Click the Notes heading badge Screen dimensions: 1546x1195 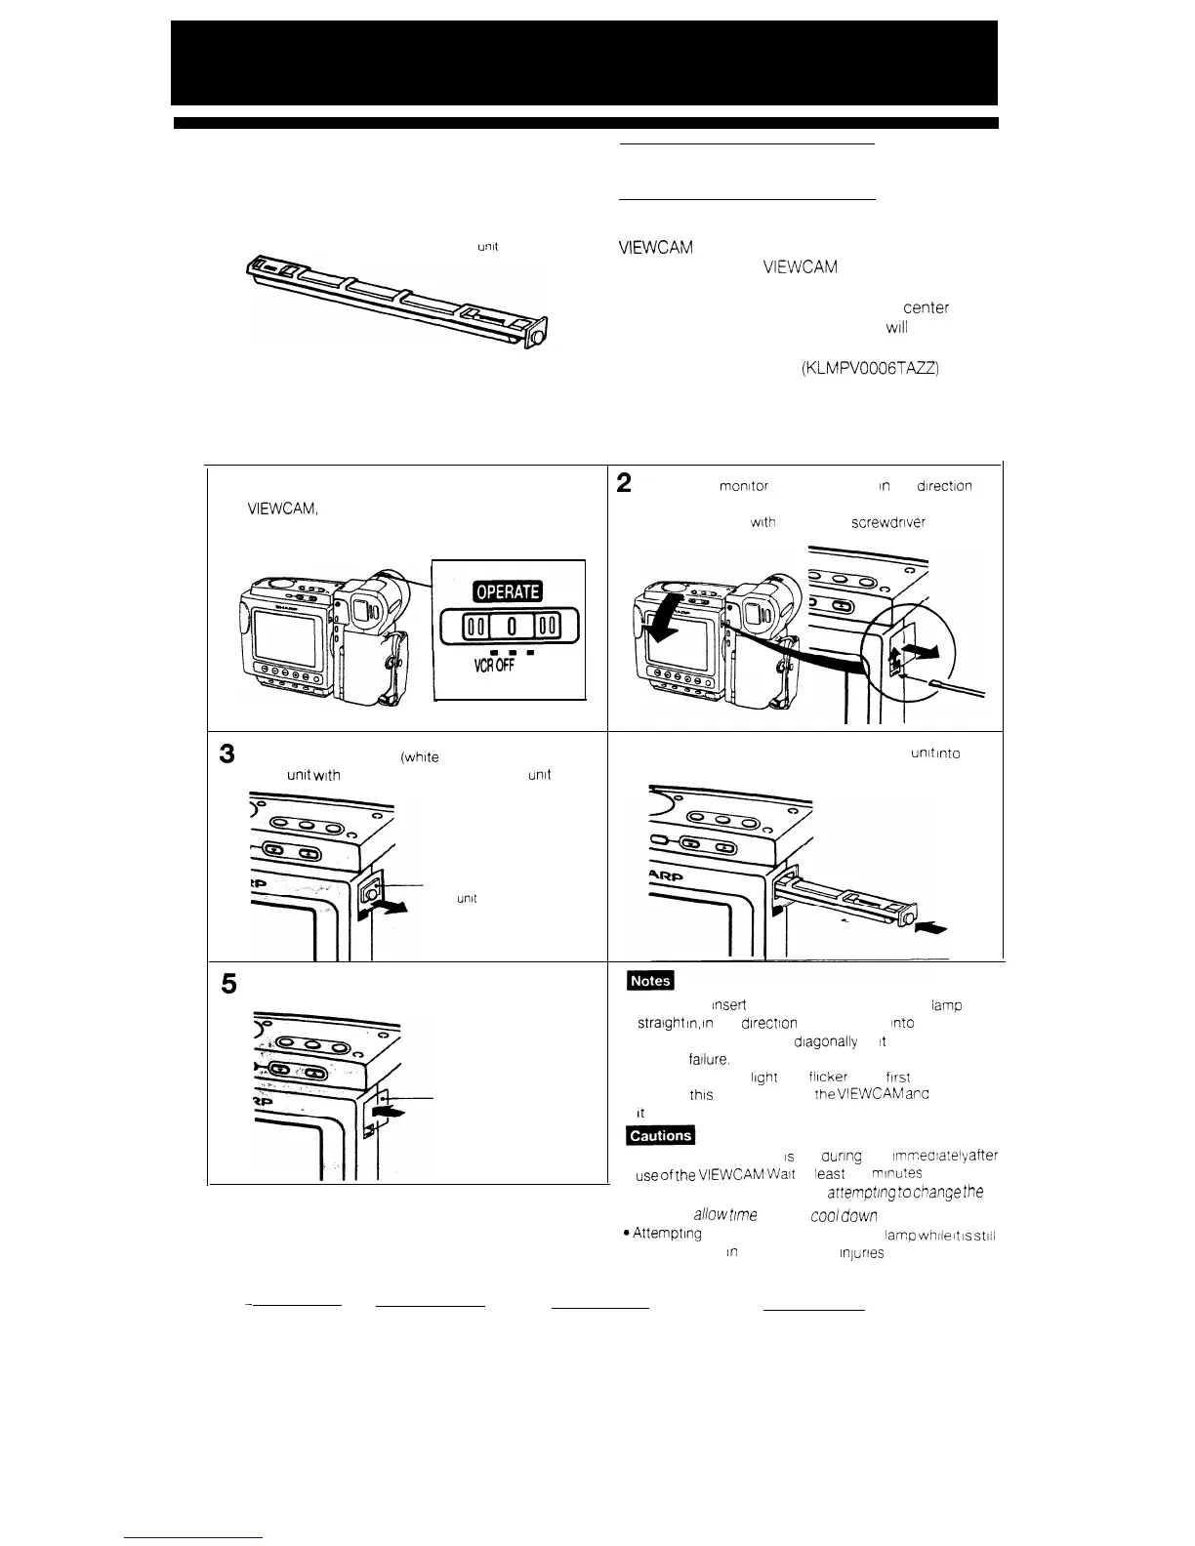pos(651,981)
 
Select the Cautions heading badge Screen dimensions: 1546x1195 pos(661,1135)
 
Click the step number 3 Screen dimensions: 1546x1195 pos(227,754)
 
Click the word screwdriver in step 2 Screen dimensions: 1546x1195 pos(887,522)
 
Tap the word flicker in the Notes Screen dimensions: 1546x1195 pos(828,1077)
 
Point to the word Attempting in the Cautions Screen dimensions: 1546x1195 pos(667,1234)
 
